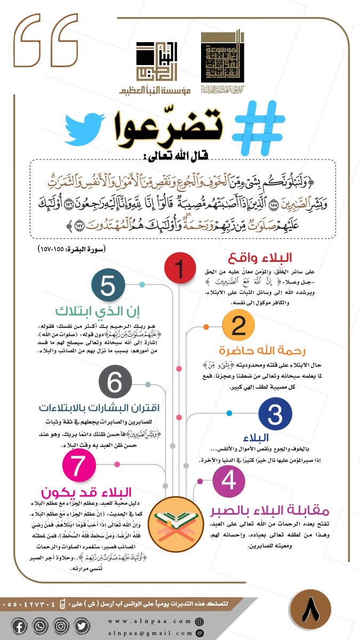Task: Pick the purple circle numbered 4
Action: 228,481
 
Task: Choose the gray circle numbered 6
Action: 114,382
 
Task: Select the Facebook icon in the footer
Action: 19,626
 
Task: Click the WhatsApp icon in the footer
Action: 39,626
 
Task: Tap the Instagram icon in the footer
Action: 61,626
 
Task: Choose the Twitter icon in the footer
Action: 82,626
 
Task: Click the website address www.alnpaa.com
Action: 151,621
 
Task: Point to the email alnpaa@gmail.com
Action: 151,633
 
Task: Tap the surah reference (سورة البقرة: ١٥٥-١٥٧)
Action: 72,249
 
